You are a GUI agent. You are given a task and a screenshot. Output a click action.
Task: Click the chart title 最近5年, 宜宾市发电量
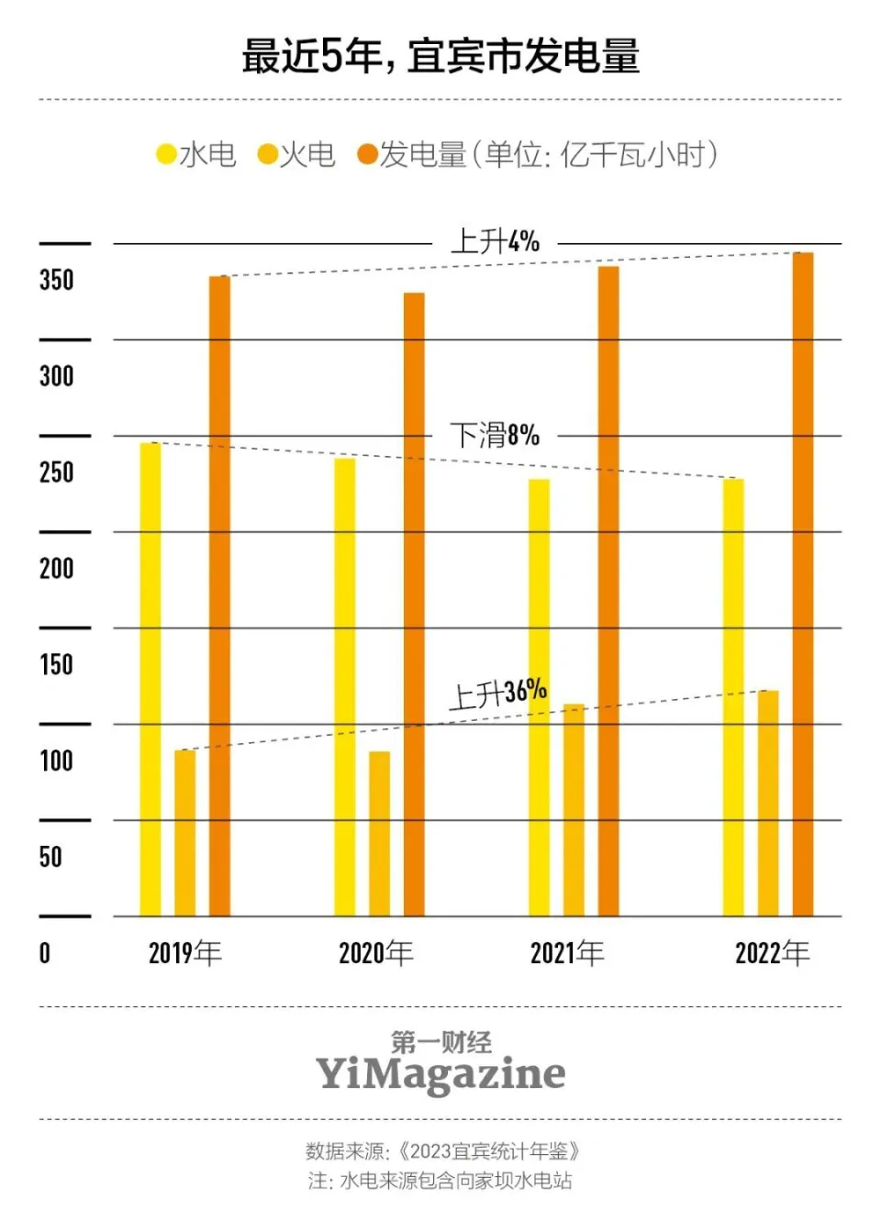pyautogui.click(x=440, y=56)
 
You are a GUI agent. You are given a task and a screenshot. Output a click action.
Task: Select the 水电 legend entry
pyautogui.click(x=196, y=154)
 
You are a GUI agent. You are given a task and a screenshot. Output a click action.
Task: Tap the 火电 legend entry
pyautogui.click(x=296, y=154)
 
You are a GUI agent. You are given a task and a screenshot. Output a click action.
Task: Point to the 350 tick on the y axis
pyautogui.click(x=56, y=280)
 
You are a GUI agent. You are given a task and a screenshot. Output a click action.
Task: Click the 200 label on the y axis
pyautogui.click(x=56, y=568)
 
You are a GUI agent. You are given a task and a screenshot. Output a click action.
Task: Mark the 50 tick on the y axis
pyautogui.click(x=50, y=857)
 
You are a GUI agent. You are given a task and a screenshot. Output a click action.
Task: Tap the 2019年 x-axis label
pyautogui.click(x=184, y=953)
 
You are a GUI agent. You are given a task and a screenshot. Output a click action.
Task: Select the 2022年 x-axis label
pyautogui.click(x=772, y=953)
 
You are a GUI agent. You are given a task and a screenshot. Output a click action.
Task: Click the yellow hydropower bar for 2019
pyautogui.click(x=150, y=679)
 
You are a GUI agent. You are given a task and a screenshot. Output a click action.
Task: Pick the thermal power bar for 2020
pyautogui.click(x=379, y=833)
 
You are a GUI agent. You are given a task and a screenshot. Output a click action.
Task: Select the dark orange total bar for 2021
pyautogui.click(x=608, y=591)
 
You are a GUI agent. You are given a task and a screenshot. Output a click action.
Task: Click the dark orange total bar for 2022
pyautogui.click(x=803, y=583)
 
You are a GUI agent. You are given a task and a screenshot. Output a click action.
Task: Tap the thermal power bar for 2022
pyautogui.click(x=768, y=803)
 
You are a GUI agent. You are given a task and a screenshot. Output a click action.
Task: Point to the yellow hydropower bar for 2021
pyautogui.click(x=539, y=697)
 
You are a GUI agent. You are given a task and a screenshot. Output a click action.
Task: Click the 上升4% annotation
pyautogui.click(x=495, y=242)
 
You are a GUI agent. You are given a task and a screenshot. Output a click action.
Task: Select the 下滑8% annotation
pyautogui.click(x=495, y=435)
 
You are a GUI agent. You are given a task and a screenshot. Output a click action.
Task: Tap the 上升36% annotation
pyautogui.click(x=497, y=694)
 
